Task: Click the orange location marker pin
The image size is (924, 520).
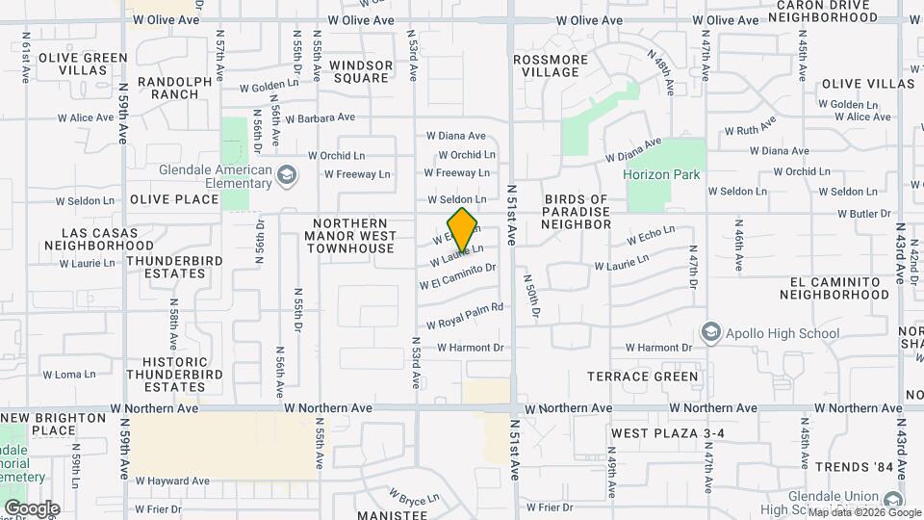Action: click(x=463, y=228)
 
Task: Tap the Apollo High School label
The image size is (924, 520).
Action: click(x=783, y=334)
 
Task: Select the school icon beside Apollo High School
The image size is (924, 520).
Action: click(x=711, y=332)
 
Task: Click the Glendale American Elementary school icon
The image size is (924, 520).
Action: click(x=285, y=176)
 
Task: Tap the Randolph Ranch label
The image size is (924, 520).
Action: click(x=175, y=88)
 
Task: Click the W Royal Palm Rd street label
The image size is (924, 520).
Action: click(x=465, y=316)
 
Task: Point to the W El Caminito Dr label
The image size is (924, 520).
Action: click(x=457, y=276)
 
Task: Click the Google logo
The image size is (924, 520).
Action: click(x=32, y=508)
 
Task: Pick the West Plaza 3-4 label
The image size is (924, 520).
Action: click(x=666, y=434)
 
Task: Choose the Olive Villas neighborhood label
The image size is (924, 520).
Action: click(x=868, y=84)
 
